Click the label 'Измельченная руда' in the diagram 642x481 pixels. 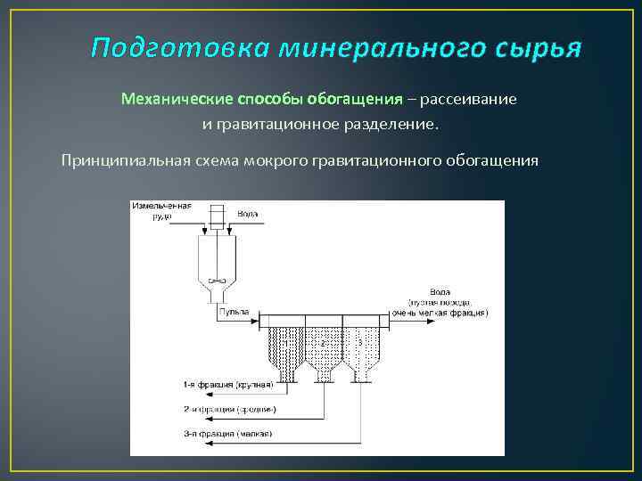pyautogui.click(x=161, y=209)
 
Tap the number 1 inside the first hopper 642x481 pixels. pyautogui.click(x=285, y=341)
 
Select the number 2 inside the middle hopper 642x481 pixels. pyautogui.click(x=323, y=342)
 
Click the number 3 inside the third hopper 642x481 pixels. pyautogui.click(x=359, y=342)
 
